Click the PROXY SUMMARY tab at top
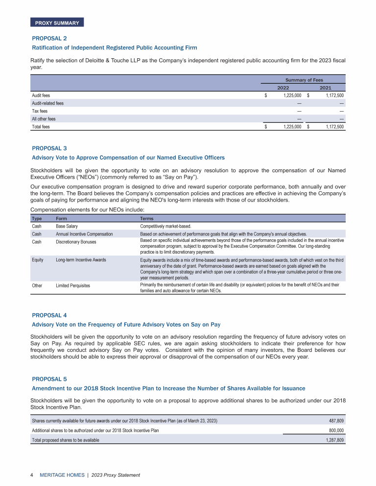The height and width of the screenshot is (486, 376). point(57,23)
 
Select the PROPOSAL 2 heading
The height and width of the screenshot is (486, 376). point(49,38)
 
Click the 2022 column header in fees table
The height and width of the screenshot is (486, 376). point(283,88)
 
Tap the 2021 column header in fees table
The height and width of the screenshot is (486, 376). point(325,88)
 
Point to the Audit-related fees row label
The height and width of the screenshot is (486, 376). point(47,103)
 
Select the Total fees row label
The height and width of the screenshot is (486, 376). point(41,127)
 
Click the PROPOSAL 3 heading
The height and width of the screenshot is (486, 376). point(49,148)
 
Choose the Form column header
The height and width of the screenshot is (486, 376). point(62,219)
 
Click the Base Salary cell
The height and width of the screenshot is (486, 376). point(67,227)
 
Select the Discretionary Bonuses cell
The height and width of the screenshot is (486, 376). point(76,242)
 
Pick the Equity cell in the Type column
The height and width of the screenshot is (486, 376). point(38,260)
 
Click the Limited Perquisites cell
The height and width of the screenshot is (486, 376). point(73,285)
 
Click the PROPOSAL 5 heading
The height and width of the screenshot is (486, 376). point(49,379)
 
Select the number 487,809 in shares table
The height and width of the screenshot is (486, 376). point(335,421)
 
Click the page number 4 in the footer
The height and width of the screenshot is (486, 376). point(32,475)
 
